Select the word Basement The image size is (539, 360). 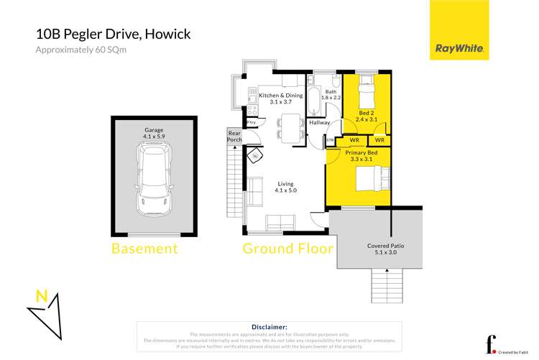144,249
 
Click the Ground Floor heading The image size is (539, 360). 287,249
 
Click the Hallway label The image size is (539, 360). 319,123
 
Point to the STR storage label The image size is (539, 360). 330,141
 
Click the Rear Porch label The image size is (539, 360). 234,137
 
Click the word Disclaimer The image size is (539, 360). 269,327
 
